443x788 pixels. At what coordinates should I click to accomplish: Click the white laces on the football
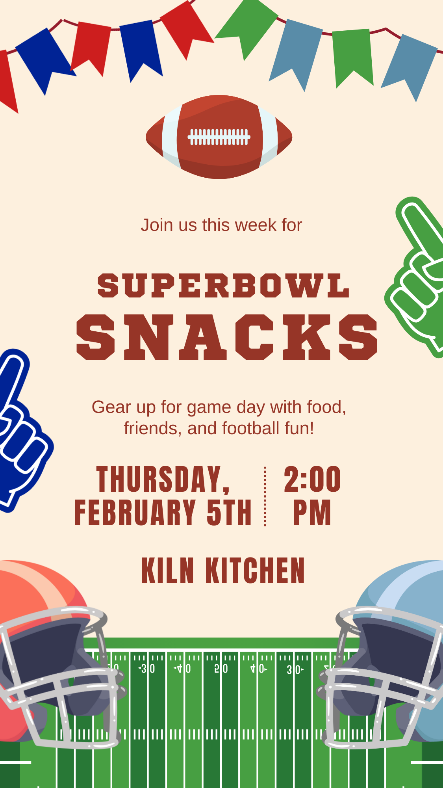[x=219, y=137]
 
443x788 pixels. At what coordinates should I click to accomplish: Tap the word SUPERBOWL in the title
[x=223, y=286]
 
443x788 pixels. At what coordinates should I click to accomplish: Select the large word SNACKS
[x=227, y=337]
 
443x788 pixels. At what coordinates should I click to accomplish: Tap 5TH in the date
[x=229, y=512]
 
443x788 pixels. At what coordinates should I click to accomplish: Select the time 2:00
[x=312, y=479]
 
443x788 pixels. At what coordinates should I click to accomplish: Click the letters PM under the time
[x=312, y=512]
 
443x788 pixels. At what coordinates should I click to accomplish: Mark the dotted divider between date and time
[x=265, y=496]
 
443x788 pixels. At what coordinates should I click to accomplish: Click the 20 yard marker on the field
[x=221, y=669]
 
